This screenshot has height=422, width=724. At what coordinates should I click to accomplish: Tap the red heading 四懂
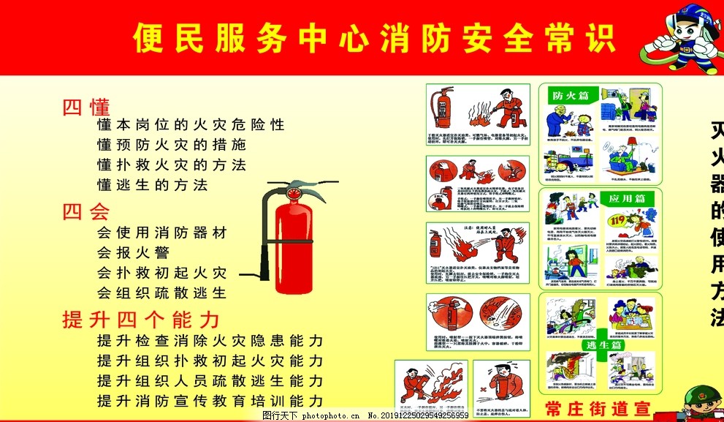(86, 107)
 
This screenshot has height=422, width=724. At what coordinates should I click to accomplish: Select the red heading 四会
(86, 212)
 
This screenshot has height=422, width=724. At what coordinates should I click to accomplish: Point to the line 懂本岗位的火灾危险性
(191, 125)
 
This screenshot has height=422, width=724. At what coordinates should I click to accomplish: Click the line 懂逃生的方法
(152, 184)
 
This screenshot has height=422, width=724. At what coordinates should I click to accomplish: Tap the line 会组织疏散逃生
(161, 293)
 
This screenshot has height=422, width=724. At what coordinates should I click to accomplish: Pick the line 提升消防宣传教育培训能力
(210, 401)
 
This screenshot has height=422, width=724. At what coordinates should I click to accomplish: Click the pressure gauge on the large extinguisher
(293, 195)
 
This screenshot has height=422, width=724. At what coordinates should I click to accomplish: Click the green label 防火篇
(569, 95)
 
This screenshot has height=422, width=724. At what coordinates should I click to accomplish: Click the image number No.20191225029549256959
(417, 415)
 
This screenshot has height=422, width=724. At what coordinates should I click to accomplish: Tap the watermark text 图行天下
(280, 415)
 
